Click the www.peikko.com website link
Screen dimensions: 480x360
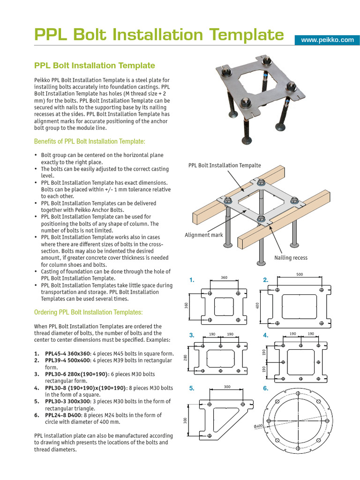(327, 40)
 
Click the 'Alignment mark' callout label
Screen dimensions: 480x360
(204, 235)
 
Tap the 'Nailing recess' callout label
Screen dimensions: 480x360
(291, 258)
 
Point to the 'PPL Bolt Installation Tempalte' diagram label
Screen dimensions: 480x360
(225, 165)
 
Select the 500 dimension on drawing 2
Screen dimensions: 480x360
(300, 274)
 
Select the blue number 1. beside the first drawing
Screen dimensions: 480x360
(191, 280)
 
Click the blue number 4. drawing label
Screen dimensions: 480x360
(265, 335)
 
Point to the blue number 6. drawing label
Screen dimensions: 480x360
(265, 389)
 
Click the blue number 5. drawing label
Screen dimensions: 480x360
(191, 389)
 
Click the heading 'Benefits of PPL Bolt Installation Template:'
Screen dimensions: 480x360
(90, 141)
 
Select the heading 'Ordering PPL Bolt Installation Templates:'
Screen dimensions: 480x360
(89, 312)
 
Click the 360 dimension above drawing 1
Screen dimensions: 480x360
(224, 278)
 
